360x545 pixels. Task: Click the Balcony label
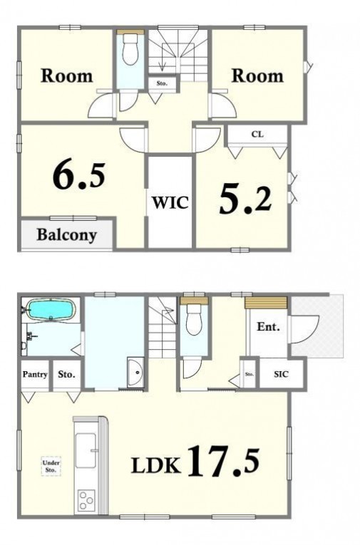tap(67, 235)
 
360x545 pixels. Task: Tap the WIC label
tap(170, 202)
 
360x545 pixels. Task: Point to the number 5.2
tap(245, 199)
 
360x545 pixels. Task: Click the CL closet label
tap(257, 135)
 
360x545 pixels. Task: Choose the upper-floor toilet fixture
tap(130, 50)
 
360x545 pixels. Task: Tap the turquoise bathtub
tap(51, 309)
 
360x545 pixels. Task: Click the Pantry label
tap(35, 374)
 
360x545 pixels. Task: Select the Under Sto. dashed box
tap(51, 466)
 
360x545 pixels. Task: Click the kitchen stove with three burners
tap(86, 500)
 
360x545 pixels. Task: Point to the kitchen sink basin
tap(86, 450)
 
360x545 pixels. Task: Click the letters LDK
tap(156, 466)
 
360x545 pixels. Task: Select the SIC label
tap(281, 374)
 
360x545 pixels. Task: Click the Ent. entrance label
tap(268, 327)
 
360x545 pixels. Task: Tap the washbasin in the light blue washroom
tap(136, 372)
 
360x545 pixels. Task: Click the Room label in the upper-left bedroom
tap(67, 76)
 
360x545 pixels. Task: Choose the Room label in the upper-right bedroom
tap(257, 76)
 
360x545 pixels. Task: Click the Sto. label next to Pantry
tap(66, 374)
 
